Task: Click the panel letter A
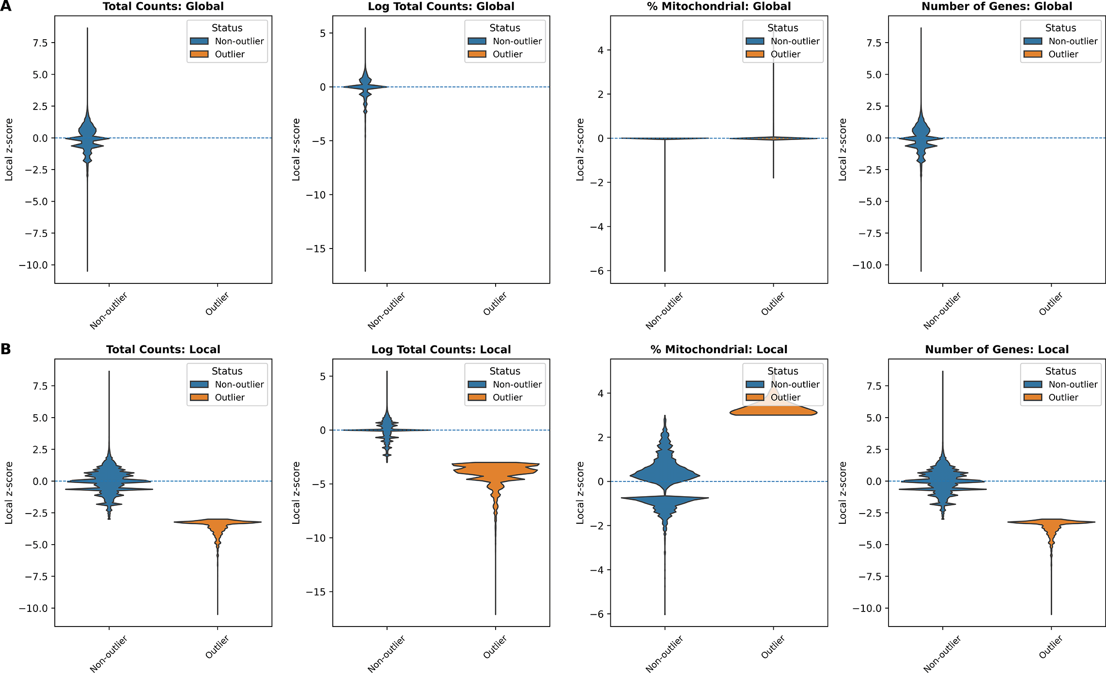(6, 6)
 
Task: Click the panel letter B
(6, 349)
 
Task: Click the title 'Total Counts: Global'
(163, 6)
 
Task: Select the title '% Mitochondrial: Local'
(718, 349)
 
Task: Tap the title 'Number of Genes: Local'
(997, 349)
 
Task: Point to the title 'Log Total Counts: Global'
(441, 6)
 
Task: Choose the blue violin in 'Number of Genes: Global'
(921, 136)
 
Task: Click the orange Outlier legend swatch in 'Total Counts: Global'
(199, 54)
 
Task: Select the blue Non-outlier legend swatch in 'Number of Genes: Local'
(1033, 384)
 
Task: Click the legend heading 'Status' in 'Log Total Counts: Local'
(504, 371)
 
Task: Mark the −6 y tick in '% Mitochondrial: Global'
(597, 271)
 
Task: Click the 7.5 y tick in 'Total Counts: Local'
(40, 386)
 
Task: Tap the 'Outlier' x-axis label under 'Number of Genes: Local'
(1051, 647)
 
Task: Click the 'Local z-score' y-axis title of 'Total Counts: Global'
(9, 149)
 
